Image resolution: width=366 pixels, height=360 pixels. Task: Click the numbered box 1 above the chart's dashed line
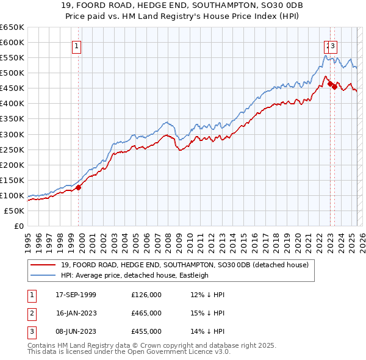[x=77, y=45]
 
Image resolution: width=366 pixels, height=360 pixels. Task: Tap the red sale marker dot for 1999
[x=79, y=187]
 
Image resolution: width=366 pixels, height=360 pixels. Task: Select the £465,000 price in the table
[x=146, y=313]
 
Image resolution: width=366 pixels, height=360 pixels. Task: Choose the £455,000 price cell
[x=146, y=331]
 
